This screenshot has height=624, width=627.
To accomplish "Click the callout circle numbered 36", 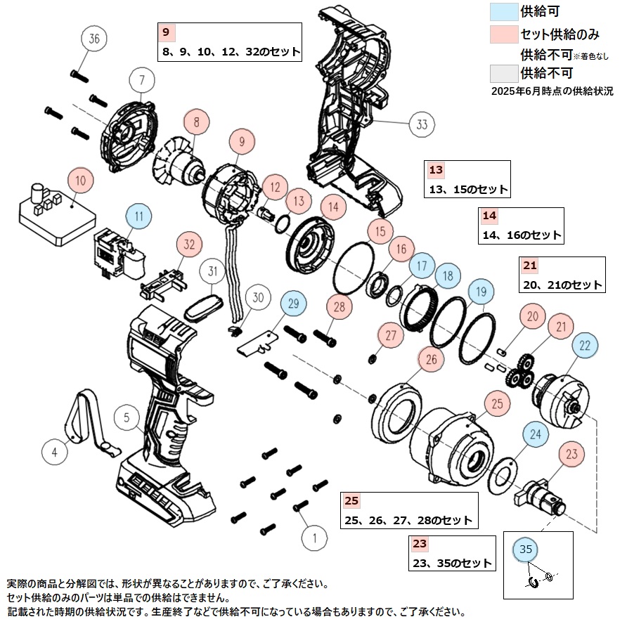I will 95,39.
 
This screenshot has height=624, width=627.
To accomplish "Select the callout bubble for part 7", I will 140,79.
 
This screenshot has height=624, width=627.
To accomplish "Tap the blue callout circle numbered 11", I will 139,216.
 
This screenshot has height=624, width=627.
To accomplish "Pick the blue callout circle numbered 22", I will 585,345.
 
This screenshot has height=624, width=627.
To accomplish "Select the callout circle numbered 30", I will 258,298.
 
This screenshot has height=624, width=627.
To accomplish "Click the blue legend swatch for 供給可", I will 503,11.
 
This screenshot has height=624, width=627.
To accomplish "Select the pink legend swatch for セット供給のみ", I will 503,34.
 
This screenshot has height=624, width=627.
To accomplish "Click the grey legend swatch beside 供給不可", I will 503,72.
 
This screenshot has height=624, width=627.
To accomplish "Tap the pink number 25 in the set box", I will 352,501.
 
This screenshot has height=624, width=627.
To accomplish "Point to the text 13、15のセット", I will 468,190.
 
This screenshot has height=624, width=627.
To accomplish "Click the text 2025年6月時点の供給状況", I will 552,91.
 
